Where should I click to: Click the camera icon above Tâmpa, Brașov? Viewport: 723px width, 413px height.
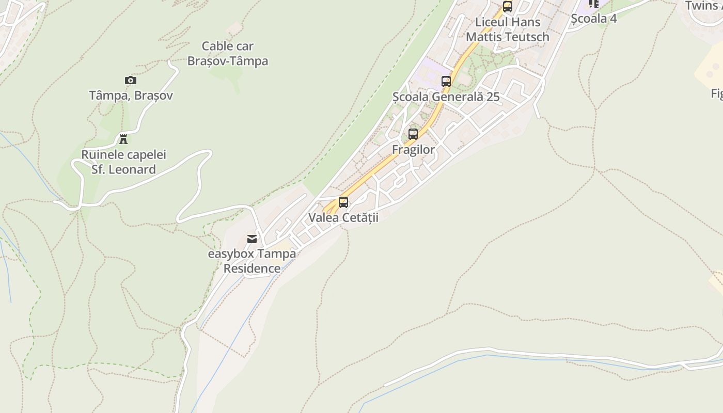pos(131,80)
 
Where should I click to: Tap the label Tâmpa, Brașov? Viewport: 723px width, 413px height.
pos(131,96)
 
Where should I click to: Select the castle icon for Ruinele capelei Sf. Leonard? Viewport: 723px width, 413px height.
pos(123,139)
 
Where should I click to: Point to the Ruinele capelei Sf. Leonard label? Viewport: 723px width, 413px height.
pos(124,162)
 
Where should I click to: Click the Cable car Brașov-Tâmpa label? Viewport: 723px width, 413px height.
pos(227,54)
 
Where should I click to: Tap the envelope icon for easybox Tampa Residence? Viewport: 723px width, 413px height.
pos(252,239)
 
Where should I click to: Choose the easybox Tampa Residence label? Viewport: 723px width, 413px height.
pos(252,261)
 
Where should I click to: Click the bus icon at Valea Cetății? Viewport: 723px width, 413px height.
pos(343,202)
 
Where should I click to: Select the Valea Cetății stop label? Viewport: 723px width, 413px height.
pos(343,217)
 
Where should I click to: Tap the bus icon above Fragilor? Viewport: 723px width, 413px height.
pos(413,134)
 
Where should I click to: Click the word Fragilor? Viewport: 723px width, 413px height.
pos(413,150)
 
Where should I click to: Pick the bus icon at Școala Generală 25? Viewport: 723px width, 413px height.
pos(446,82)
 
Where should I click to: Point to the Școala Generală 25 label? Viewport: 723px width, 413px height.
pos(446,97)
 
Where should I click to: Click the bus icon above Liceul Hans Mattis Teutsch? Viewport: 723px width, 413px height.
pos(508,7)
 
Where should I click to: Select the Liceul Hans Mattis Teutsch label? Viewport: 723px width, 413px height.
pos(508,29)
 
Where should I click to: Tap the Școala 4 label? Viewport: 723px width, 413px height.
pos(594,19)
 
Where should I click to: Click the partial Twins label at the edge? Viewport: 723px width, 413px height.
pos(703,6)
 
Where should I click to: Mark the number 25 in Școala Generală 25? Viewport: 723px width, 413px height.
pos(493,97)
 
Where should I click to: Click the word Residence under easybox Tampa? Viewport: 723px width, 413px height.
pos(252,268)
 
